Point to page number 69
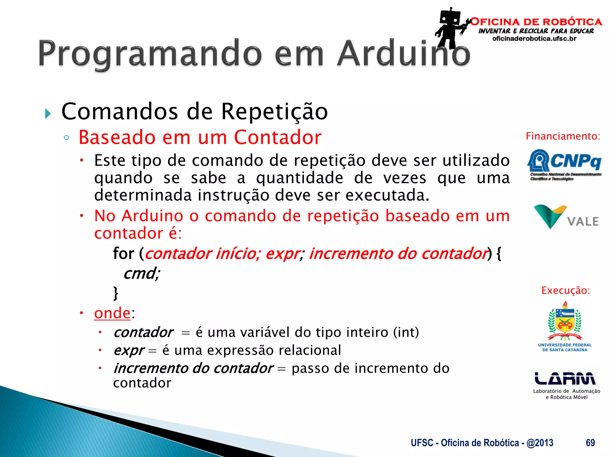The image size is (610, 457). coord(590,443)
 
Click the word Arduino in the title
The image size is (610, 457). coord(403,54)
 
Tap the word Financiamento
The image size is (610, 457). coord(562,136)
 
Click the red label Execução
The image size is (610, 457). coord(565,290)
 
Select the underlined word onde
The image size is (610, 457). coord(112,313)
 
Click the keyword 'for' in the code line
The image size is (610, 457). coord(123,253)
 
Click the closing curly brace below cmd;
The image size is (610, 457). coord(116,293)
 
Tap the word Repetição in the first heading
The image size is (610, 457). coord(274,112)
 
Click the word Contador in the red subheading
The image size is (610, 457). coord(278,137)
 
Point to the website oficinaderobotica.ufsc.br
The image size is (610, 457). coord(534,39)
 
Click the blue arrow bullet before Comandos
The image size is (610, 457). coord(48,114)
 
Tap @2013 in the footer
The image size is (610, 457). coord(540,443)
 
